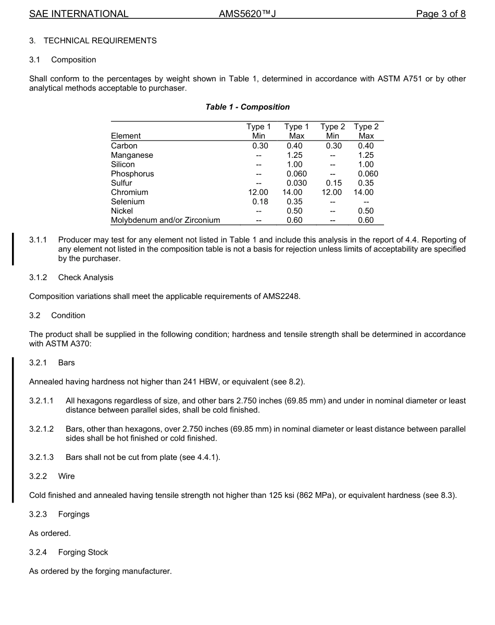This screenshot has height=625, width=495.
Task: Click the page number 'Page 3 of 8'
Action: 440,14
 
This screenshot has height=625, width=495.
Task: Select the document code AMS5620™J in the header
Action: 247,14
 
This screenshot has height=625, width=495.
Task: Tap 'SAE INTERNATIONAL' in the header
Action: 79,14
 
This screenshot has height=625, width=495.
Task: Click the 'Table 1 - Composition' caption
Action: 247,107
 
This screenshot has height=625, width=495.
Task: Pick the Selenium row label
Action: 128,202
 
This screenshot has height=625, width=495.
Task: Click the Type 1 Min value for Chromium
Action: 258,192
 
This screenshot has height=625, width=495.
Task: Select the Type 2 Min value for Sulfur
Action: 332,183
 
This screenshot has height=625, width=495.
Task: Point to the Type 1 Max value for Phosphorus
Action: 296,173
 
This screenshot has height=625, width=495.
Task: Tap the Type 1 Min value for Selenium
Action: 260,202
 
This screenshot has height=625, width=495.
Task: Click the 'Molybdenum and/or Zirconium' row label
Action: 165,220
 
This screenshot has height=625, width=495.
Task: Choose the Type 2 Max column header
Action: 366,131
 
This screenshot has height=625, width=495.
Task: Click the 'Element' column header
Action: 126,136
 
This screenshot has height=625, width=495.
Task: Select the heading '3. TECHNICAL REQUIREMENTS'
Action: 93,41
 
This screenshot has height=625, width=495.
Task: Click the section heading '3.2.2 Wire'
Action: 52,476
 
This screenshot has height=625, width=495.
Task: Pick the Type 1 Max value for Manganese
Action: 294,155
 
